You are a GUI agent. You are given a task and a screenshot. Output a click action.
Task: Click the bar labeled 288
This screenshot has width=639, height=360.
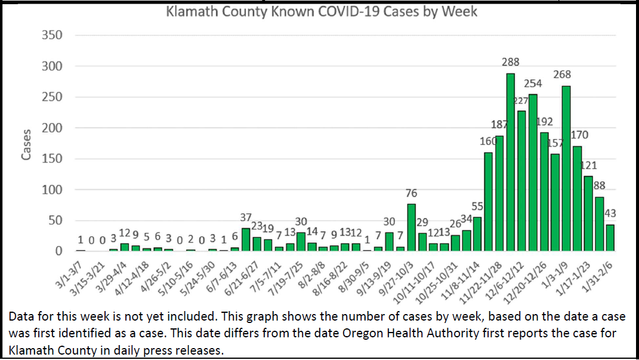pyautogui.click(x=511, y=162)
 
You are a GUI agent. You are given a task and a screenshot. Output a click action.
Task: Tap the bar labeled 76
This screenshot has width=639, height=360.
pyautogui.click(x=411, y=227)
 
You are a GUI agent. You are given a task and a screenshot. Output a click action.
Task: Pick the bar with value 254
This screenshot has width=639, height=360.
pyautogui.click(x=533, y=173)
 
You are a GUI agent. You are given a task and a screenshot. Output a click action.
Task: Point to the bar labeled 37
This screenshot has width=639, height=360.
pyautogui.click(x=245, y=239)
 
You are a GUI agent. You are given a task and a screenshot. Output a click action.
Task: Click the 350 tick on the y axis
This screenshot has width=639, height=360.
pyautogui.click(x=53, y=35)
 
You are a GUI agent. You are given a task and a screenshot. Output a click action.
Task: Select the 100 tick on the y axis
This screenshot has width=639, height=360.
pyautogui.click(x=53, y=190)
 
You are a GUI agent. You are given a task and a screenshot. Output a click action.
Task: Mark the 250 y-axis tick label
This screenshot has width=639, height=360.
pyautogui.click(x=53, y=97)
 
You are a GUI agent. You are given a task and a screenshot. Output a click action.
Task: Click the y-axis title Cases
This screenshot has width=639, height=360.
pyautogui.click(x=26, y=144)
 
